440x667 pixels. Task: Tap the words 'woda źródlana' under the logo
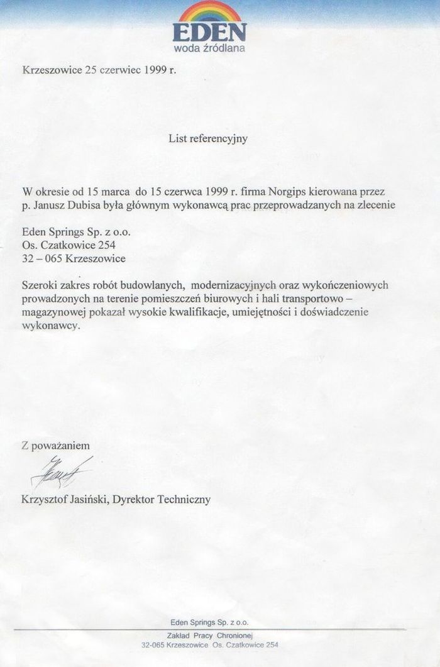point(209,48)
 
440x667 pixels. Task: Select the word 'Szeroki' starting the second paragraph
point(40,285)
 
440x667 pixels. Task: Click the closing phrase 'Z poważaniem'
point(56,445)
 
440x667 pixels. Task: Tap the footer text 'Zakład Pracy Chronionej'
point(210,636)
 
